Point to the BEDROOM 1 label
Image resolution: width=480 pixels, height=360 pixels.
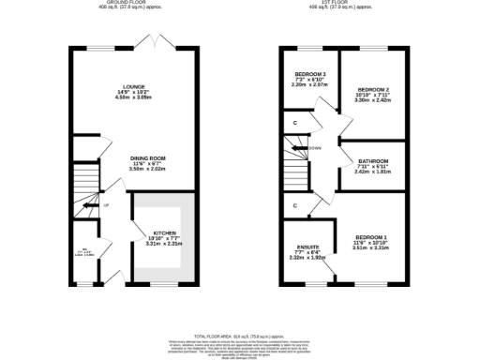click(370, 236)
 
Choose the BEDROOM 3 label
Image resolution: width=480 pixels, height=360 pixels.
click(311, 73)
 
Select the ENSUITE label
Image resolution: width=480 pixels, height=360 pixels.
click(308, 246)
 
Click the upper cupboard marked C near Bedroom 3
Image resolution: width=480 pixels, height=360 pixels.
click(296, 122)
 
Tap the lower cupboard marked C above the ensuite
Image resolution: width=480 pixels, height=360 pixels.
click(296, 205)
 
